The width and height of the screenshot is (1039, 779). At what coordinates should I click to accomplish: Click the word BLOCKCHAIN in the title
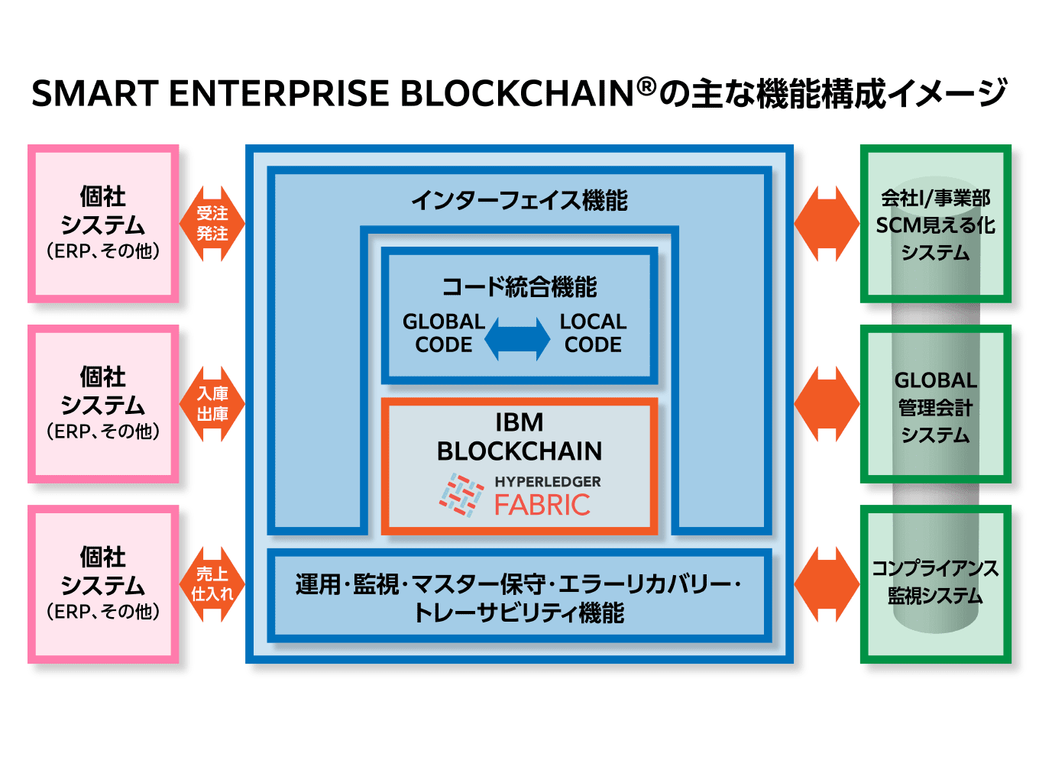(517, 94)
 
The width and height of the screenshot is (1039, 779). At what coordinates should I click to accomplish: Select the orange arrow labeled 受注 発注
(212, 224)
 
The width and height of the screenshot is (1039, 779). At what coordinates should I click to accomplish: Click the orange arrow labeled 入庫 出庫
(212, 404)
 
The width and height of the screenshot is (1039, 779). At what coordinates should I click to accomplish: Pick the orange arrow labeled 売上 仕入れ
(212, 584)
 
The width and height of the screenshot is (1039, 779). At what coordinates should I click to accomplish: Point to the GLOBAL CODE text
(443, 333)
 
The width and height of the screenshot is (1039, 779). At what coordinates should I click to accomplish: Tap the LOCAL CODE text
(593, 333)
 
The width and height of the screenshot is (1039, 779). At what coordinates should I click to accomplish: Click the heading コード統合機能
(519, 287)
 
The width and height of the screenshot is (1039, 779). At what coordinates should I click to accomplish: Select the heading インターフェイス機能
(519, 201)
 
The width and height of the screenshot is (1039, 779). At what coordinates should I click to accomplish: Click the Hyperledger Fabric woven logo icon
(461, 495)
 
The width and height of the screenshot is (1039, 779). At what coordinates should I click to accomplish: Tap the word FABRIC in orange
(542, 506)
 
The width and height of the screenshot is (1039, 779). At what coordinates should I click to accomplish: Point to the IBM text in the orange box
(519, 422)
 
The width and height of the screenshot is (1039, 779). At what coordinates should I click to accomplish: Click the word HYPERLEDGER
(547, 482)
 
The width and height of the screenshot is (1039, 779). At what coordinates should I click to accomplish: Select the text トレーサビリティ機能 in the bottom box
(519, 613)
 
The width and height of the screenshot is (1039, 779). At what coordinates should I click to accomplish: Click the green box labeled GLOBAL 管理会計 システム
(935, 405)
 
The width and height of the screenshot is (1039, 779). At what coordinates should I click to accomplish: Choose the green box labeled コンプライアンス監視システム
(935, 584)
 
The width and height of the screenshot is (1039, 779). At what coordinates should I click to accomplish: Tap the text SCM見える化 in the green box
(935, 225)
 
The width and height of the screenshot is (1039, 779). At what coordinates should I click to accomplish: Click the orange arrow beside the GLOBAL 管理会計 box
(827, 404)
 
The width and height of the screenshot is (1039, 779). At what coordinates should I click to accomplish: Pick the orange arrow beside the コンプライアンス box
(827, 584)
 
